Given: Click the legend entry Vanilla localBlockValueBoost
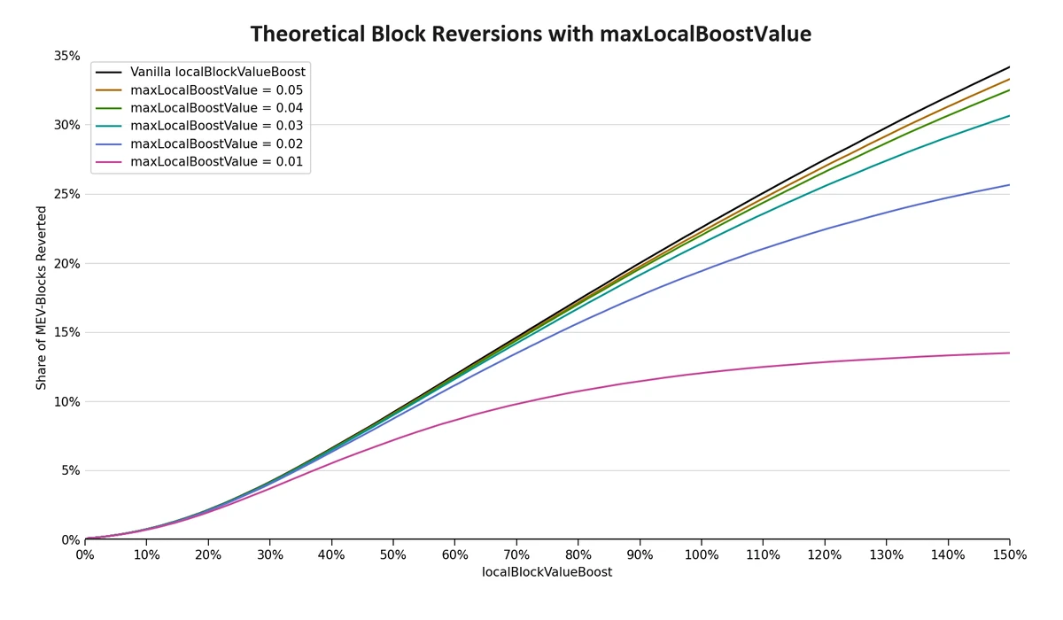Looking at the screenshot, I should (217, 72).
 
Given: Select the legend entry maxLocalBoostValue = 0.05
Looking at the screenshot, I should (216, 90).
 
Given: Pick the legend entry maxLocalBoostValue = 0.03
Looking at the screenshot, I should (216, 126).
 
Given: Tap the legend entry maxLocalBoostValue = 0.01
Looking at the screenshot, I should (216, 162).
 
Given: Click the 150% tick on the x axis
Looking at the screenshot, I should (1009, 554).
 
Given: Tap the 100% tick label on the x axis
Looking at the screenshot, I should (701, 554).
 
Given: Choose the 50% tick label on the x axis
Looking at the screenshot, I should (392, 554).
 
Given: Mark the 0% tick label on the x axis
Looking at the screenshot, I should (84, 554).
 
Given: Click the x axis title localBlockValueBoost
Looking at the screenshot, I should (547, 572).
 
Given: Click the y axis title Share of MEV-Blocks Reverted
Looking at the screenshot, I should (42, 298).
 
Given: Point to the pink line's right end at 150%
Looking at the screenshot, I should (1009, 353).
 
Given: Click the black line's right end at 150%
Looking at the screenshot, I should (1009, 66).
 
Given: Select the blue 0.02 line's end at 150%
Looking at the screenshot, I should (1009, 185).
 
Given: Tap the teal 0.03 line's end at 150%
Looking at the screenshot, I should (1009, 115).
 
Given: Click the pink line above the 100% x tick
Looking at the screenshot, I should (701, 373).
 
